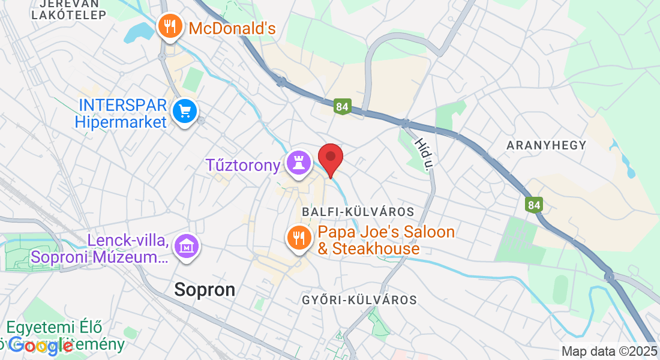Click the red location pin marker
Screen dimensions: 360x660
330,158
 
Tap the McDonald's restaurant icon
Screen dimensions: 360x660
170,26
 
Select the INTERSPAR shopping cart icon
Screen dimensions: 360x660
184,112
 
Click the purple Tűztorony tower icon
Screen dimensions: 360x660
299,163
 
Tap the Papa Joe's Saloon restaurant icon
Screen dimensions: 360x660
298,237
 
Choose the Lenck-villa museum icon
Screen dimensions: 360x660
187,246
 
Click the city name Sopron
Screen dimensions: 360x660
205,290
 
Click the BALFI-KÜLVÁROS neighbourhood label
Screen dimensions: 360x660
358,212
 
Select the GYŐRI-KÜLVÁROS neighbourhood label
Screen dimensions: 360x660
359,299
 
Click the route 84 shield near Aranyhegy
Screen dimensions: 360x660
533,205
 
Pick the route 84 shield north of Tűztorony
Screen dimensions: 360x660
342,107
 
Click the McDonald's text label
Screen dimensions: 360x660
232,28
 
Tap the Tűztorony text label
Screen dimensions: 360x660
243,164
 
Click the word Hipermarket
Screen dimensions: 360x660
120,122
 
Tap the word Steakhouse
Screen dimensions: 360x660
368,248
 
